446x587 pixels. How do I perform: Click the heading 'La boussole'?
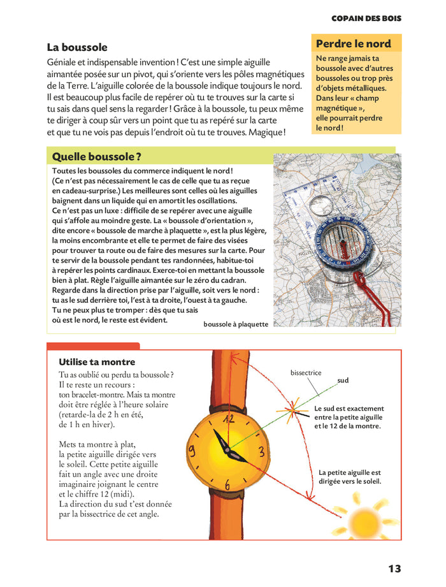(77, 47)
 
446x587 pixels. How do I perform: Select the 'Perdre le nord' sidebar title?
(354, 44)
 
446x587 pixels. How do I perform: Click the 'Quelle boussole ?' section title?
(96, 156)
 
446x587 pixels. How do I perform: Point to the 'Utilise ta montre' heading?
(97, 362)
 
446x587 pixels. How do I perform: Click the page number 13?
(394, 569)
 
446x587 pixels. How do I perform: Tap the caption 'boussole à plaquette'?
(236, 324)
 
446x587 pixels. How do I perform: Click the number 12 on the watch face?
(229, 418)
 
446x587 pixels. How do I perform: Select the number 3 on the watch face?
(261, 452)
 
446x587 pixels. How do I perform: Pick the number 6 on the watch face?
(227, 485)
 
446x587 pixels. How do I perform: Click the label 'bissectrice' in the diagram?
(306, 373)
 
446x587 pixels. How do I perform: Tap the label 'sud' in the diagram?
(343, 380)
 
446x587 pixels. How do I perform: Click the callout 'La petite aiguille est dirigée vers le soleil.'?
(350, 477)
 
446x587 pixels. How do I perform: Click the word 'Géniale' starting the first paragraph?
(62, 62)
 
